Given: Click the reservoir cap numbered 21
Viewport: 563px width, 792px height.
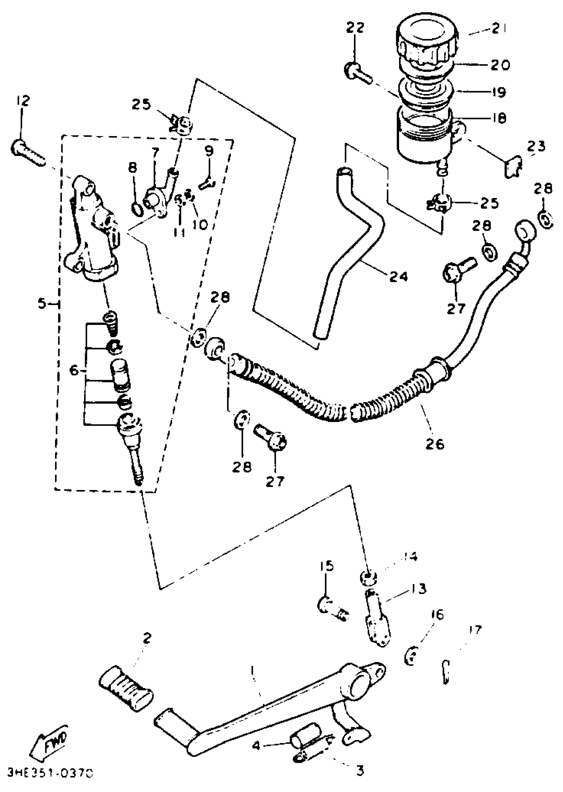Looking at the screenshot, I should point(427,42).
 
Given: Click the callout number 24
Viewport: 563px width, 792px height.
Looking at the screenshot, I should point(398,276).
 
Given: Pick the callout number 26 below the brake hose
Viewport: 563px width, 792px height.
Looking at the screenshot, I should point(435,444).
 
